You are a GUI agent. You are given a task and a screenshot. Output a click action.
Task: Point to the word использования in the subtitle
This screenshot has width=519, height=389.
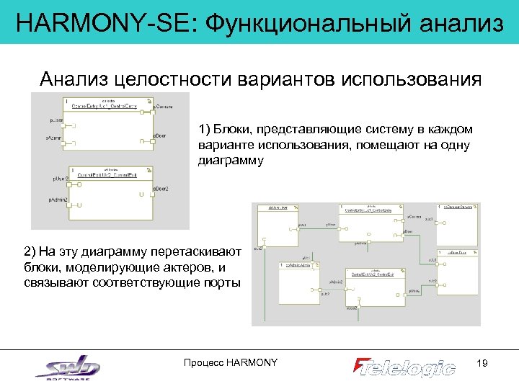[x=414, y=79]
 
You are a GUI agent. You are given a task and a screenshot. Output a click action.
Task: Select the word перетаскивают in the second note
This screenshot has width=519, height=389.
[x=203, y=252]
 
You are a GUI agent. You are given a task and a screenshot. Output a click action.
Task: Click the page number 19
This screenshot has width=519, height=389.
[x=483, y=363]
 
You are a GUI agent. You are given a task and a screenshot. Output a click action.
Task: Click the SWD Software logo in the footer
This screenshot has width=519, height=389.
[x=68, y=367]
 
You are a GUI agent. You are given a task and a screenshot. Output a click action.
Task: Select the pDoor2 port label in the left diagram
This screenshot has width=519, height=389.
[x=161, y=189]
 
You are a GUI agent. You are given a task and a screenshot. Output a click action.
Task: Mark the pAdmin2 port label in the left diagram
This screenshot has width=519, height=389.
[x=58, y=199]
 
